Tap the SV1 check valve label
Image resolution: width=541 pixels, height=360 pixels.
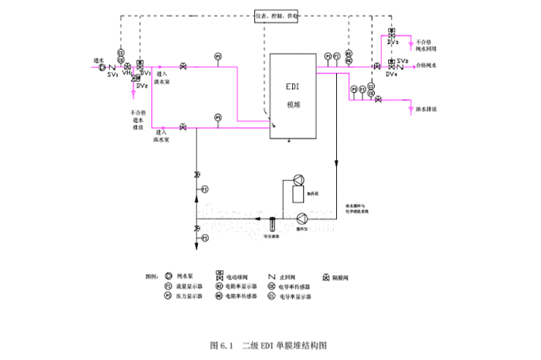click(x=112, y=75)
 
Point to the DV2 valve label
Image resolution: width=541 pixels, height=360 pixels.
click(x=141, y=85)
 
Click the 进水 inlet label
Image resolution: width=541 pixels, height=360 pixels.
click(x=98, y=59)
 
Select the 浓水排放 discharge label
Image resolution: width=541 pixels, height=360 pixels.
click(x=427, y=110)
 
